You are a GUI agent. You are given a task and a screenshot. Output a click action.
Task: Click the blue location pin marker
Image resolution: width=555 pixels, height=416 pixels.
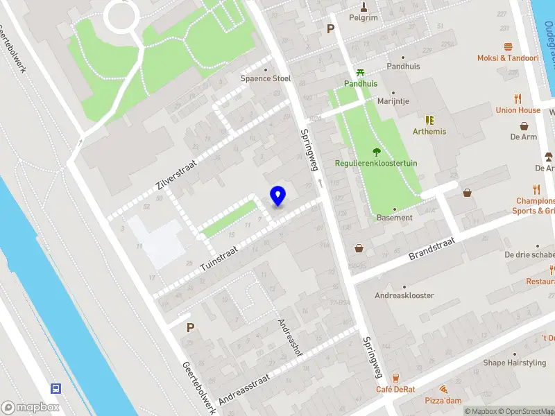278,196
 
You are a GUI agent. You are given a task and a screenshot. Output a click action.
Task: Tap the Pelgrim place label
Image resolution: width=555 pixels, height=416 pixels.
364,17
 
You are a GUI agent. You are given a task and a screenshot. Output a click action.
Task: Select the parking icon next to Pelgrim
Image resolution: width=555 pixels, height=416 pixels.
331,29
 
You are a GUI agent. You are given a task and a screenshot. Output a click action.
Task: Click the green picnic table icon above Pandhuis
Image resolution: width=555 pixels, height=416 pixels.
360,72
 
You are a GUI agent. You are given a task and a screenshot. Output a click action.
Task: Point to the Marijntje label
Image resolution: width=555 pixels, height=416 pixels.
393,101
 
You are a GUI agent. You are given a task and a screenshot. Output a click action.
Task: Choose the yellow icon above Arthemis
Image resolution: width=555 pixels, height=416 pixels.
429,120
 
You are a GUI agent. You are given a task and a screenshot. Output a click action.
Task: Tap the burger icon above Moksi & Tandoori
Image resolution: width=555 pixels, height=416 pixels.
508,46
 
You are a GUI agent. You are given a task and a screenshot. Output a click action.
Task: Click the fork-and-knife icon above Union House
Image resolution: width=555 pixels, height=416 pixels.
518,98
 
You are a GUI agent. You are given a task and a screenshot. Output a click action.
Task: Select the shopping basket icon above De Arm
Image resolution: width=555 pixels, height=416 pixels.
524,126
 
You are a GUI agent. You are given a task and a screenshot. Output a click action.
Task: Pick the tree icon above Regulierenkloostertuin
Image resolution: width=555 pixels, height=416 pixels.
377,152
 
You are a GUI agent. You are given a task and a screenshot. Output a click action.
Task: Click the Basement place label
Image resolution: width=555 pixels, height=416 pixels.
395,217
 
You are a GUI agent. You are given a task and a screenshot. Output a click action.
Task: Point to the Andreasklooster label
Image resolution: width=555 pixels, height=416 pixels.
404,295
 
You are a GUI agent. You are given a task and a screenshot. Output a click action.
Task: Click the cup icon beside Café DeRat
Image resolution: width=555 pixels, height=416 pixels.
395,378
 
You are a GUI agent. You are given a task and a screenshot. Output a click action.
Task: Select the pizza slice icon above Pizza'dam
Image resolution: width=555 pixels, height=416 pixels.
443,390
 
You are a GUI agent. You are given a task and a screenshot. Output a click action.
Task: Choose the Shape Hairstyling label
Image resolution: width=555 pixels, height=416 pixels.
514,363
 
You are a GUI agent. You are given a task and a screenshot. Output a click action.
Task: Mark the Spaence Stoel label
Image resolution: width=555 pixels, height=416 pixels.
265,78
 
